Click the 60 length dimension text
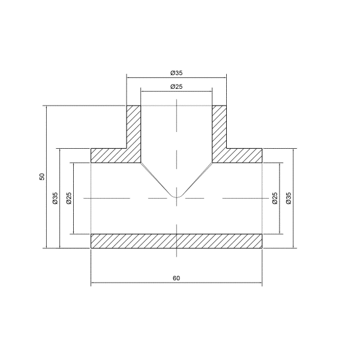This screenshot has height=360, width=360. (176, 278)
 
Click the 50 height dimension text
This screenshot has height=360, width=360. (42, 176)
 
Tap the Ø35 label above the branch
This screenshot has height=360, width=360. (176, 73)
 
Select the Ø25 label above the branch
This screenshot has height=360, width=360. (176, 86)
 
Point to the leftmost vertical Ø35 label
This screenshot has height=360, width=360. (55, 198)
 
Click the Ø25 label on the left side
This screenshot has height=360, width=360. (69, 198)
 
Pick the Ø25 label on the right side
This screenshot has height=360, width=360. (275, 198)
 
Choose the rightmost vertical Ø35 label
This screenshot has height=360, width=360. (289, 198)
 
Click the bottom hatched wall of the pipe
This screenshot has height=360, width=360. (176, 241)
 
